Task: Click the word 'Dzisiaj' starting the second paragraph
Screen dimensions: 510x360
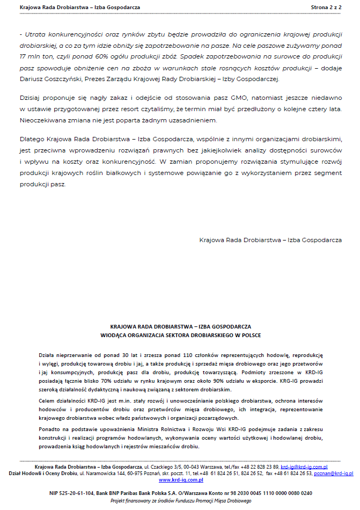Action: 30,99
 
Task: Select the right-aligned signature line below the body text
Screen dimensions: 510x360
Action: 270,240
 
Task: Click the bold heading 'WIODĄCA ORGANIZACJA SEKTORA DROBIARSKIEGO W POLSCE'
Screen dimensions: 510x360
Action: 180,334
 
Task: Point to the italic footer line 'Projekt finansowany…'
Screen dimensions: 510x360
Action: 180,500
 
